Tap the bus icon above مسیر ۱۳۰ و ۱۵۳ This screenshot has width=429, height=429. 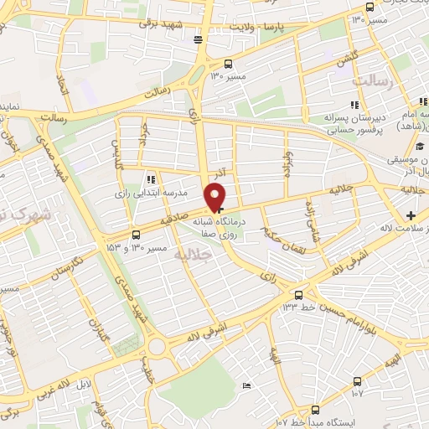point(137,235)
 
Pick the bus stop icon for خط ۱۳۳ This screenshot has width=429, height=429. point(299,294)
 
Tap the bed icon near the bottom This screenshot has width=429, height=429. point(245,385)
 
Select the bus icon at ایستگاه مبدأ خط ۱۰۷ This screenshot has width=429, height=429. point(315,410)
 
